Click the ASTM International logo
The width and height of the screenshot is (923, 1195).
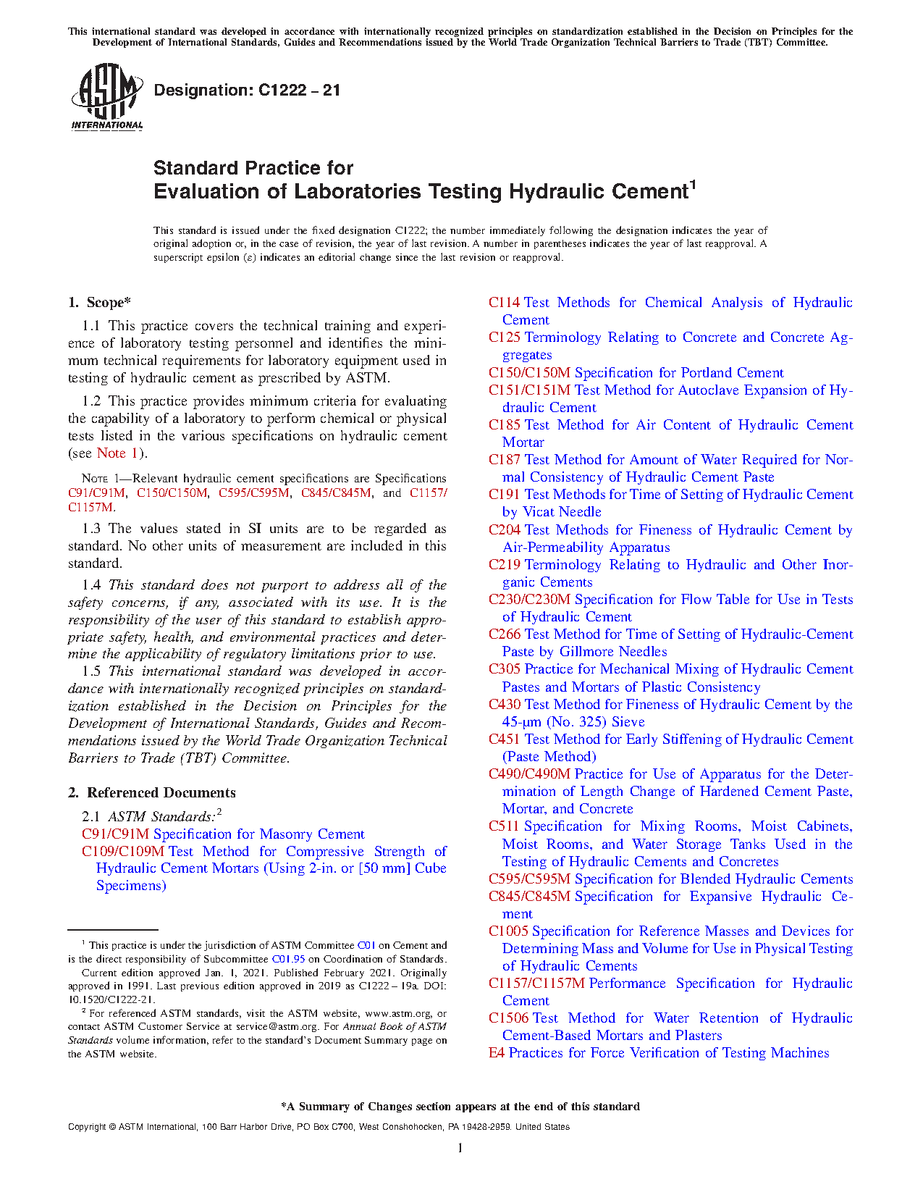[x=107, y=96]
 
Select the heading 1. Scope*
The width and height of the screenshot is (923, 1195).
[x=100, y=303]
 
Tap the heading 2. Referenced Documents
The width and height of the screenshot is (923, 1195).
[x=152, y=792]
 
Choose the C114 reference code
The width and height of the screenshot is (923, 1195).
[x=504, y=303]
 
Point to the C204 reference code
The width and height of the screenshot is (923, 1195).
[x=504, y=530]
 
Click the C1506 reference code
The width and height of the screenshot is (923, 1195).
[x=508, y=1018]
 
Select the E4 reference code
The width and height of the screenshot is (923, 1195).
[x=496, y=1053]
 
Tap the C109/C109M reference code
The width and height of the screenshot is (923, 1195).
[x=123, y=852]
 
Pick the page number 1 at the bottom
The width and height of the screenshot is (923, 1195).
[x=460, y=1147]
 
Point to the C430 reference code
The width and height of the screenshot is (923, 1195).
[x=504, y=705]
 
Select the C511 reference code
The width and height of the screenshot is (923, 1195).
[x=504, y=826]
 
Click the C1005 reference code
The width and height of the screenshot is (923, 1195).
[x=508, y=931]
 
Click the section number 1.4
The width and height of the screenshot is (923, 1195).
[x=91, y=585]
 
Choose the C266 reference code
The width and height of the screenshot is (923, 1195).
[x=504, y=634]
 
